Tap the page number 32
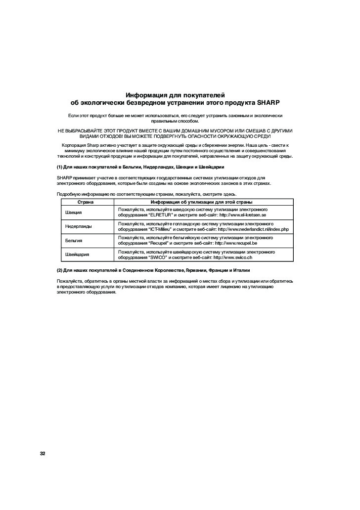tap(43, 454)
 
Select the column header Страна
tap(87, 203)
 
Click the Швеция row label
tap(74, 212)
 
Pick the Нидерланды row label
tap(79, 226)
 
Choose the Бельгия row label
tap(74, 240)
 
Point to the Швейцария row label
tap(78, 254)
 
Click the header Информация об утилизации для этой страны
tap(202, 203)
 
